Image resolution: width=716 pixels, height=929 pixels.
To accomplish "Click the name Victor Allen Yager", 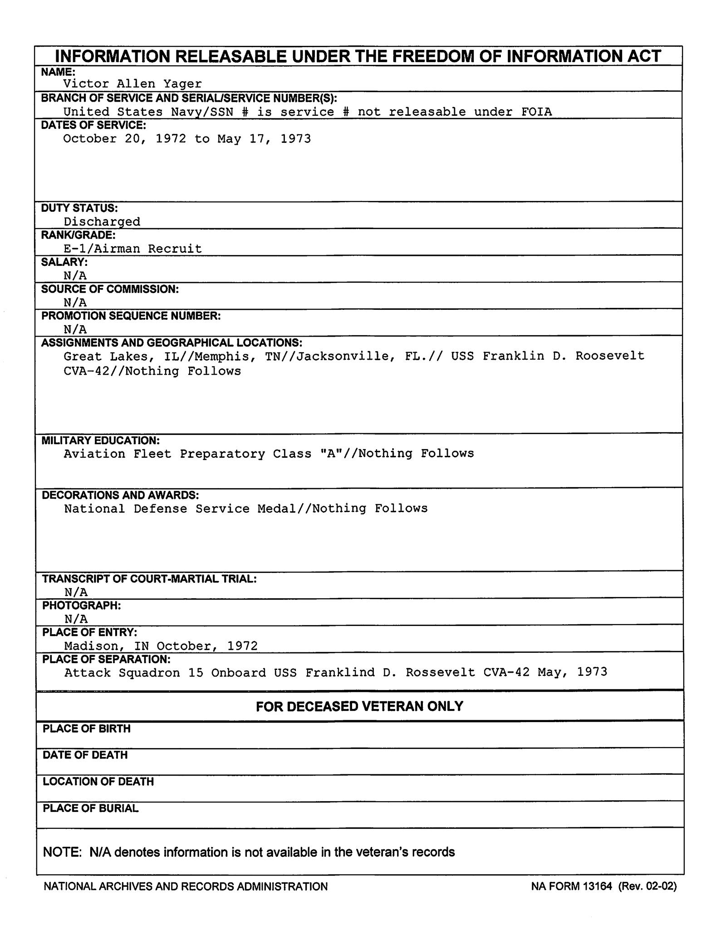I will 132,84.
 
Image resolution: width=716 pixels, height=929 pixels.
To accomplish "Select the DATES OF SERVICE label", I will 93,125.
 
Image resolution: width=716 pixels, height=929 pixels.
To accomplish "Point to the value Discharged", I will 102,222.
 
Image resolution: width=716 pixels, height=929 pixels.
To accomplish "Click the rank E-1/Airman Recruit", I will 132,249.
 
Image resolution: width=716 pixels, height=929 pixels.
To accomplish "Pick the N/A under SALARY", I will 75,275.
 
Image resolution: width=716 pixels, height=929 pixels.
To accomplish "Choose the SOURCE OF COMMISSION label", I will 110,289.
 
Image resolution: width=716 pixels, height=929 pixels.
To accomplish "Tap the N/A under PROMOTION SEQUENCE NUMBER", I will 75,329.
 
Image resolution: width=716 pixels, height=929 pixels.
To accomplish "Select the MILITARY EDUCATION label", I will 101,440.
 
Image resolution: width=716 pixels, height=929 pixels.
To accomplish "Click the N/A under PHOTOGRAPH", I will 76,619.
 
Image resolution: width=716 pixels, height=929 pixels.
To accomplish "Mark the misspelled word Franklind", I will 340,672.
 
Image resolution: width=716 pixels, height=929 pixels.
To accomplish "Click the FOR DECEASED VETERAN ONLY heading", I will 359,706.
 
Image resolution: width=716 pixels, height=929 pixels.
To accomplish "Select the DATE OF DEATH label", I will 85,755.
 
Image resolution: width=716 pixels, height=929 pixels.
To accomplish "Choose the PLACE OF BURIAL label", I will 90,808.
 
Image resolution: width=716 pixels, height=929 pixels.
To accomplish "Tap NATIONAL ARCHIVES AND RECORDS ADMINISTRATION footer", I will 186,886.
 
